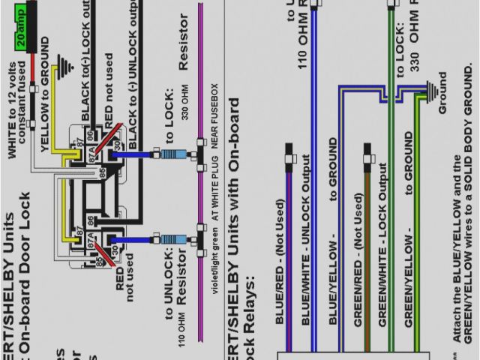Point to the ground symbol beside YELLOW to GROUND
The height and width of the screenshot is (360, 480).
tap(69, 67)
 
